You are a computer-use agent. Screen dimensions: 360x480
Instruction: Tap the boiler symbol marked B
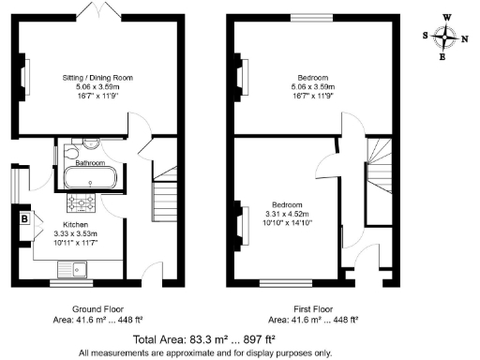click(x=23, y=220)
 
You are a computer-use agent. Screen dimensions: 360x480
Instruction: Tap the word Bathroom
click(x=92, y=162)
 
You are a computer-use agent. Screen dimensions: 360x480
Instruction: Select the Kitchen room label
click(x=76, y=225)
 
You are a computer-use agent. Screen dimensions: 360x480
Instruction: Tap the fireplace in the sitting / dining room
click(x=20, y=72)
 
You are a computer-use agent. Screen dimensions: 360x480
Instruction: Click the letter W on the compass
click(x=447, y=16)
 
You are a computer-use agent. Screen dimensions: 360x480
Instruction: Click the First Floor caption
click(x=313, y=308)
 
